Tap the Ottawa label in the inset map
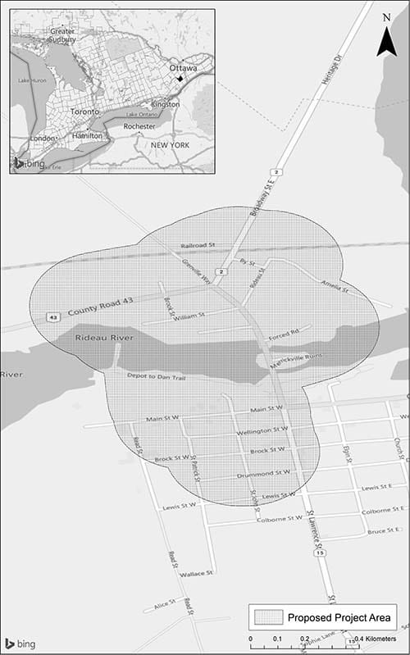coord(183,68)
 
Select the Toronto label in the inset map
coord(85,111)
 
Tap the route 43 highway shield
coord(52,316)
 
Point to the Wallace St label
coord(197,573)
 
